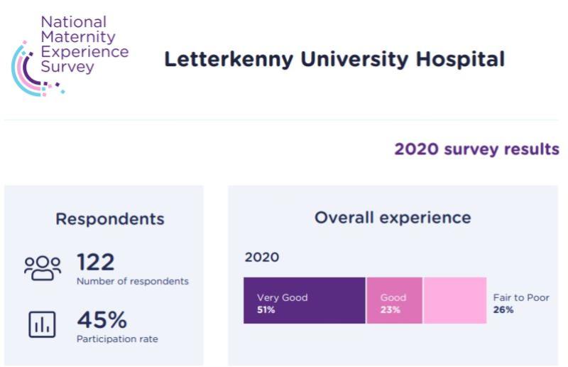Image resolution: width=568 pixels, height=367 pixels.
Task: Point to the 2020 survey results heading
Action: pos(476,149)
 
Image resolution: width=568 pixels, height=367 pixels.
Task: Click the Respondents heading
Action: pos(109,219)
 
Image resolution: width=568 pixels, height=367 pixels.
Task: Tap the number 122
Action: pos(95,262)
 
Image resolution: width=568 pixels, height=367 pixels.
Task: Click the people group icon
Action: pos(43,268)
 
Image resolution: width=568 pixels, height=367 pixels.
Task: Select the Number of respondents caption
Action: pos(133,281)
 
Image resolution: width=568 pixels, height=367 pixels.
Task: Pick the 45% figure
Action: pos(102,320)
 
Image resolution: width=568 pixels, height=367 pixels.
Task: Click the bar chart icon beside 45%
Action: pos(41,325)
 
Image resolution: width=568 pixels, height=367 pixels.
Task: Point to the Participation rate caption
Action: pos(117,339)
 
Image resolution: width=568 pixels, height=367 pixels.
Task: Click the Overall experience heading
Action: pos(393,218)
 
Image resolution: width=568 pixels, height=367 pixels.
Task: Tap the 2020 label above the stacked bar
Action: pos(262,257)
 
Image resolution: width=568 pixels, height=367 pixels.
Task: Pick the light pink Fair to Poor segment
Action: pos(454,301)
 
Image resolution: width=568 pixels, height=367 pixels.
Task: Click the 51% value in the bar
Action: pos(266,310)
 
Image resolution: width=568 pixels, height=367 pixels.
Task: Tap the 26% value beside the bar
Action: pos(503,310)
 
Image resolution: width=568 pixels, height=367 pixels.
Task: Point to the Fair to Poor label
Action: pos(521,298)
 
